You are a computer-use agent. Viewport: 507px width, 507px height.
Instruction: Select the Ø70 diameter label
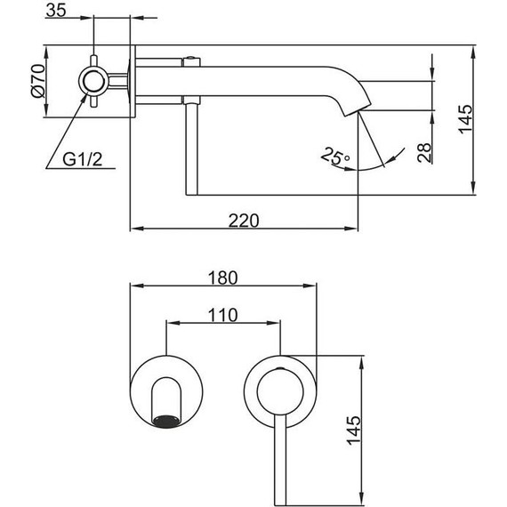[36, 80]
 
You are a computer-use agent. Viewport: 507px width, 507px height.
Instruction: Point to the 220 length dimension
[243, 220]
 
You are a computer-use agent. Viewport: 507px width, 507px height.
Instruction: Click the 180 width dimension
[222, 277]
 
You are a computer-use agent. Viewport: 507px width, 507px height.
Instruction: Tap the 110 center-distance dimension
[223, 313]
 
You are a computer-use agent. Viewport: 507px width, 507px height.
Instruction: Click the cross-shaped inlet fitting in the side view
[93, 80]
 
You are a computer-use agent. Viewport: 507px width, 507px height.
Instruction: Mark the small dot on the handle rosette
[280, 367]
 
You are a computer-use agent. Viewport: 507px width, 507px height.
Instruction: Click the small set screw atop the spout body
[189, 61]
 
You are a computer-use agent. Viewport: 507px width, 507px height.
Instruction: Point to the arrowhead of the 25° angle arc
[384, 164]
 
